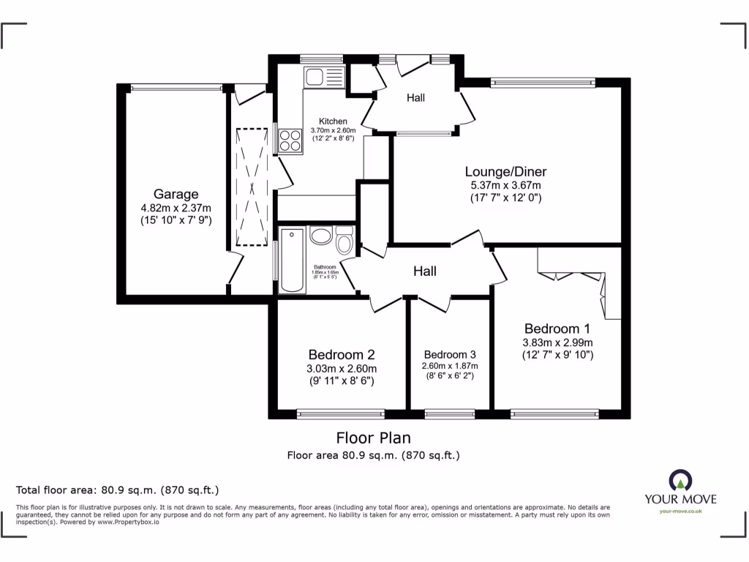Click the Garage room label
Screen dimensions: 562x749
tap(176, 194)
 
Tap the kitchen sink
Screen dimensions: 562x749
tap(325, 76)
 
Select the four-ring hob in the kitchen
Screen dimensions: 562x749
tap(290, 140)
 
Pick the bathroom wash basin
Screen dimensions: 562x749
tap(321, 236)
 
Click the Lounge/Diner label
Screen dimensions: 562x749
tap(505, 172)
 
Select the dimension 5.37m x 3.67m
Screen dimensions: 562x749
tap(505, 185)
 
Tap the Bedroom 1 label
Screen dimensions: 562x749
tap(557, 329)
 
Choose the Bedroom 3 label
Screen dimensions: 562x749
tap(449, 353)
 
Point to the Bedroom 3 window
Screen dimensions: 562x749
tap(449, 414)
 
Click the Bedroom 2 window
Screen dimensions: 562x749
tap(341, 414)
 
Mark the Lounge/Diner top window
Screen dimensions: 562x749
tap(542, 82)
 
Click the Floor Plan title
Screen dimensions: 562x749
tap(373, 438)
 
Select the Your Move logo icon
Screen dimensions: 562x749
tap(680, 480)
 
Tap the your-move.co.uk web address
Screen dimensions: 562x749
tap(680, 512)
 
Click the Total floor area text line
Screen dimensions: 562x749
tap(117, 490)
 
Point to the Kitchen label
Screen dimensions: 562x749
tap(333, 121)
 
